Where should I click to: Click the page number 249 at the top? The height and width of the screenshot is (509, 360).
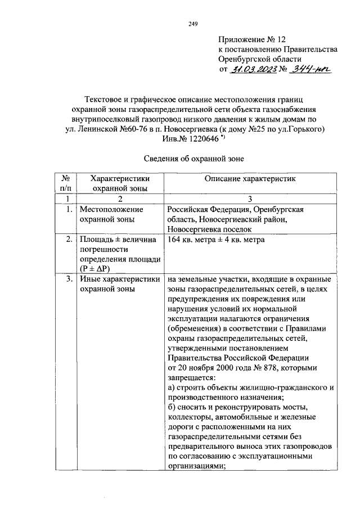point(192,24)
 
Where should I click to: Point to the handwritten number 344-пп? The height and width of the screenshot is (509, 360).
point(313,69)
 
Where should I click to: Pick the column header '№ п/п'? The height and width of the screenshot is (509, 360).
point(67,183)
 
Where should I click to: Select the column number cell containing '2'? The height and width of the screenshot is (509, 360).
point(119,199)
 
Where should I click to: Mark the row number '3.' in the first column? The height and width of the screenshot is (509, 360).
point(68,279)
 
